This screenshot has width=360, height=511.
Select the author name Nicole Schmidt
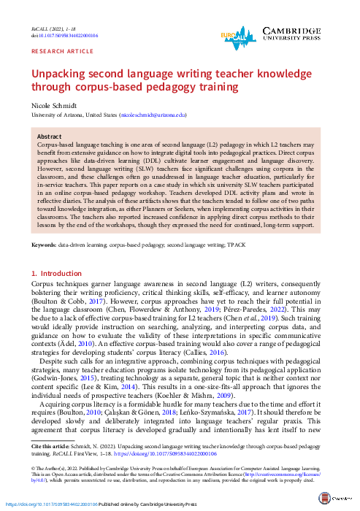pos(57,107)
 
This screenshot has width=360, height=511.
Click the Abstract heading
pos(49,137)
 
